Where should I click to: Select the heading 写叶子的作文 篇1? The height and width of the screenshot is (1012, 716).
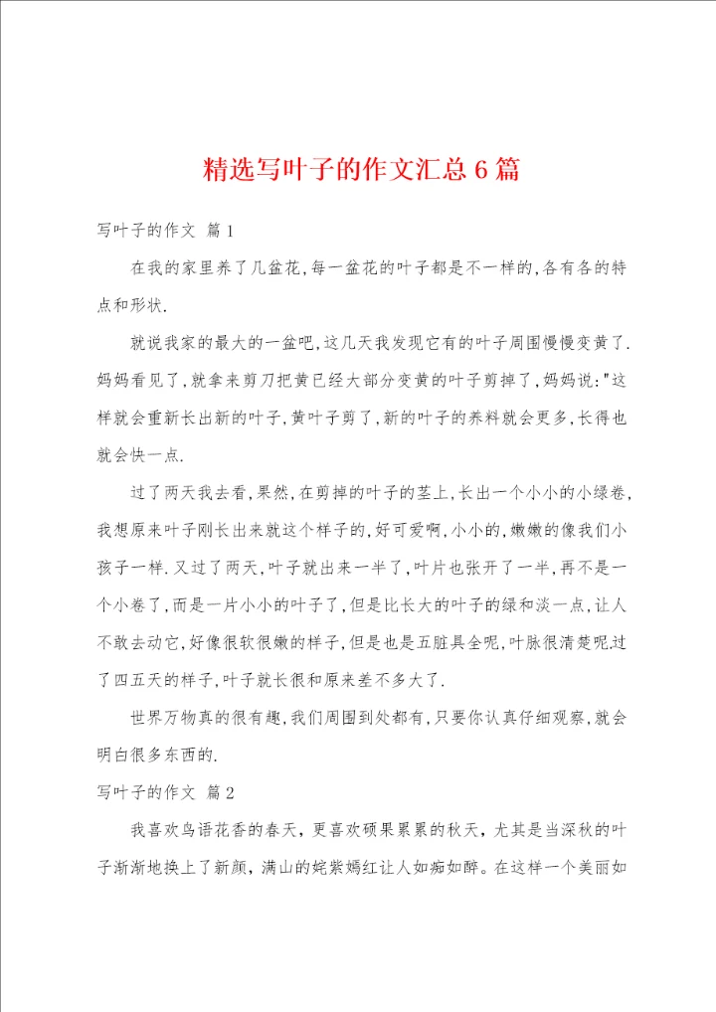pyautogui.click(x=165, y=231)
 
